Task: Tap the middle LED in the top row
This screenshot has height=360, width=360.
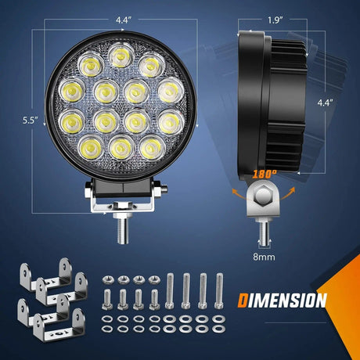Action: [120, 56]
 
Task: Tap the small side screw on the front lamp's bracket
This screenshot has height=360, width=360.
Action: [160, 188]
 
